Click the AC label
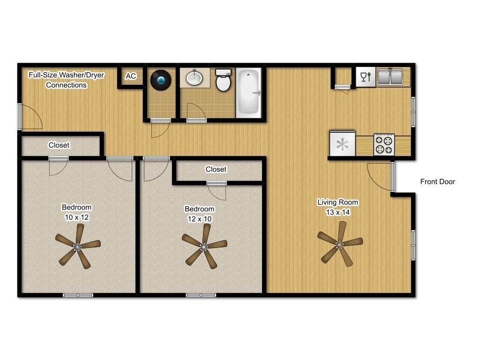click(131, 76)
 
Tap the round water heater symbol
click(160, 80)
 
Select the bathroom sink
click(195, 78)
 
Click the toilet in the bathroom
click(224, 81)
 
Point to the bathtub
click(248, 92)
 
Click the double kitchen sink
click(390, 77)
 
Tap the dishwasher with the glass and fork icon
click(365, 77)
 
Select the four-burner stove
click(384, 144)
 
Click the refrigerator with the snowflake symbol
click(343, 144)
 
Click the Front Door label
click(437, 182)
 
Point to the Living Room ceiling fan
click(339, 244)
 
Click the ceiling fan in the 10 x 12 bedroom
click(77, 246)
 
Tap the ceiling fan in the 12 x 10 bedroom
click(204, 246)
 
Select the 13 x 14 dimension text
click(338, 212)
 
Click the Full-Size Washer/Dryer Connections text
click(66, 80)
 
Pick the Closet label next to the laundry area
click(59, 145)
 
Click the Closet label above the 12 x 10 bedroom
click(216, 169)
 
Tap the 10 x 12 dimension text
click(77, 217)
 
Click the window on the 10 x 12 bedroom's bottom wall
click(78, 295)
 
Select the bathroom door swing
click(195, 112)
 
